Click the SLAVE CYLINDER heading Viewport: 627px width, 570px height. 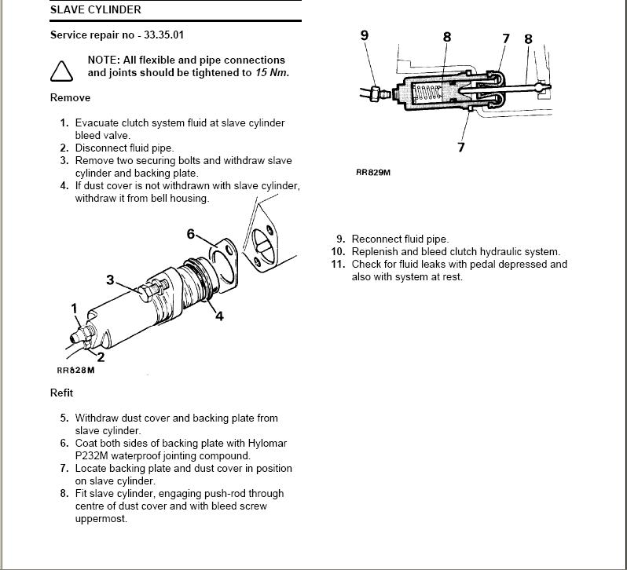tap(95, 9)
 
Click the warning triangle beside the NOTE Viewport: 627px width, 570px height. tap(62, 71)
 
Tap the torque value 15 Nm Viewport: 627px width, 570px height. tap(272, 72)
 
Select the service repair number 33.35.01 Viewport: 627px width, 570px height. tap(164, 35)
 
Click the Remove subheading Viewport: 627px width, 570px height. tap(70, 97)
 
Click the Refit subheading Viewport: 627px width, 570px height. tap(61, 393)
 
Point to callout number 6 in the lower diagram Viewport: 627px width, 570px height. tap(190, 234)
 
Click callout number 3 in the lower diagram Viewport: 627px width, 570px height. tap(110, 280)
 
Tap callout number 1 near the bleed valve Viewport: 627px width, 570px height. tap(75, 309)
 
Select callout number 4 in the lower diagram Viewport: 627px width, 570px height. tap(219, 316)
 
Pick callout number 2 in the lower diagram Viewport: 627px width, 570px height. tap(101, 357)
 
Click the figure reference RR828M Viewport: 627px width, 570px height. tap(75, 371)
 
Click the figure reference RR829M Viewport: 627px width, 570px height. tap(373, 172)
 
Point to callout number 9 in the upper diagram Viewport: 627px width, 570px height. tap(364, 35)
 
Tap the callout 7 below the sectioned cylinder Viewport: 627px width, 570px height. tap(461, 146)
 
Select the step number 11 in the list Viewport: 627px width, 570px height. tap(337, 264)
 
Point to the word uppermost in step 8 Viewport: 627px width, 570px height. tap(101, 518)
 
